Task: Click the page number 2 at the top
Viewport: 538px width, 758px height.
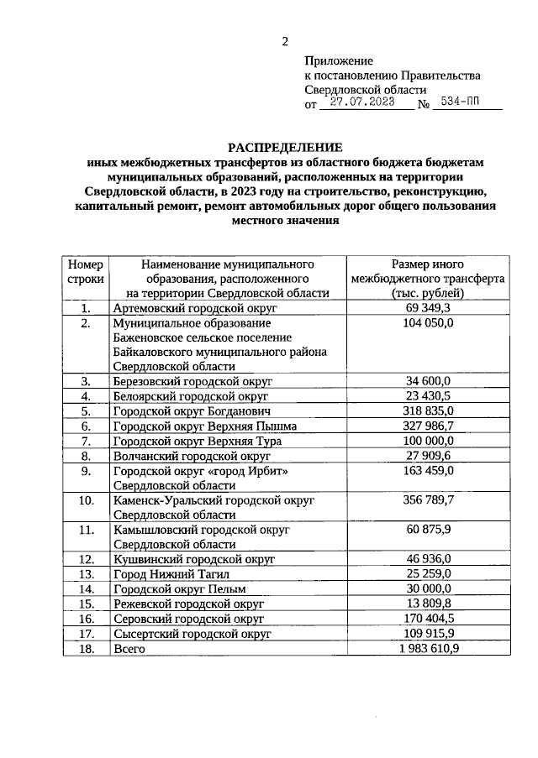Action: (284, 42)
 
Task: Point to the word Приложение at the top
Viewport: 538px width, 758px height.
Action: (338, 61)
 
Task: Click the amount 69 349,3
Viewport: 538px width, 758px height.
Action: (429, 309)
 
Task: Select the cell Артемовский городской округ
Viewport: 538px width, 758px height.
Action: (194, 309)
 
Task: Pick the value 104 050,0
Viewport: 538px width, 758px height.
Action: (429, 323)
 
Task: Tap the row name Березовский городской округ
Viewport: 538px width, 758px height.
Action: (193, 381)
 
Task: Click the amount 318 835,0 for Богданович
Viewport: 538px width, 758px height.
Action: (429, 411)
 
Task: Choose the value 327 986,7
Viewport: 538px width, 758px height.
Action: (429, 426)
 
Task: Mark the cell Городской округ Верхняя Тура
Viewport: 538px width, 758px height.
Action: (198, 442)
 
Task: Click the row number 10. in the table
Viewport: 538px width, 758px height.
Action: (86, 500)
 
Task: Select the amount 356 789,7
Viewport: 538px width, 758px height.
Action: (429, 500)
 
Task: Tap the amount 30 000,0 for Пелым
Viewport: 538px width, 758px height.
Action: (429, 589)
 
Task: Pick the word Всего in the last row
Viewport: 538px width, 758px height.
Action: (129, 649)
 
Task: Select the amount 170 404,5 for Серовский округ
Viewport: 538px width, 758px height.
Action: (429, 619)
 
